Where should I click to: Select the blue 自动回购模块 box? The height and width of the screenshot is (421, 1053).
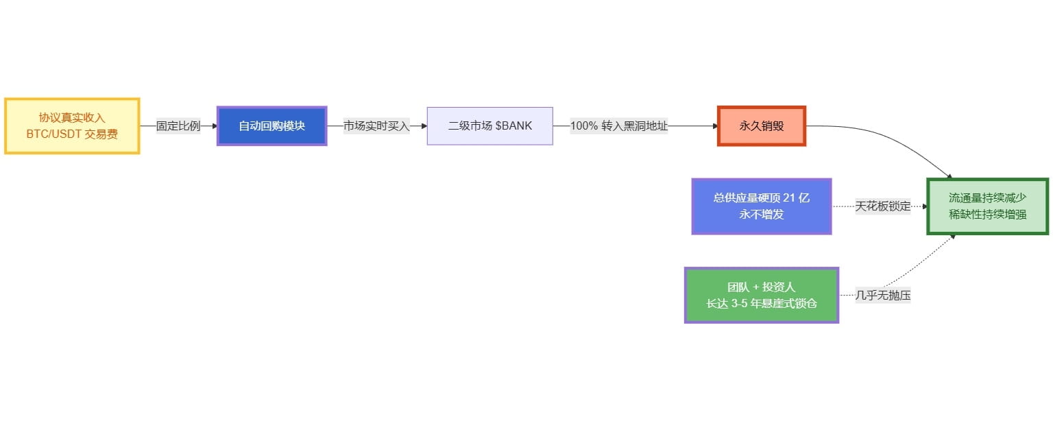[x=271, y=126]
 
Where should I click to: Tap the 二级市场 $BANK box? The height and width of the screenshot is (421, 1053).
[x=489, y=126]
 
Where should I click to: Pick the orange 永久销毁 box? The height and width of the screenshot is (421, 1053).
[x=761, y=126]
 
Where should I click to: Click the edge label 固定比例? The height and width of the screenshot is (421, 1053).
[x=178, y=126]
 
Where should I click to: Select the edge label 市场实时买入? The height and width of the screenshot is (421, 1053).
[x=376, y=126]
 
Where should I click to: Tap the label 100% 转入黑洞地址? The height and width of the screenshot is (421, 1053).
[x=618, y=126]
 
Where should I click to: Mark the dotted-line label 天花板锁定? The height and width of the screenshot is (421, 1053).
[x=883, y=206]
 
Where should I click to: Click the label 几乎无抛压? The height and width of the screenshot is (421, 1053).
[x=883, y=296]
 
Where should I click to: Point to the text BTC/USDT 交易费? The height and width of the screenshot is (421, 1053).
[x=72, y=134]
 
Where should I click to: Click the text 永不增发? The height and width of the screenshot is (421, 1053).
[x=761, y=215]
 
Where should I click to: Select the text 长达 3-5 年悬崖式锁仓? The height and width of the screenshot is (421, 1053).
[x=761, y=304]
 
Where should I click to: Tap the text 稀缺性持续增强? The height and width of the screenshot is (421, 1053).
[x=987, y=215]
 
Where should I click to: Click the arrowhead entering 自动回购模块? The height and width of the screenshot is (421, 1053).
[x=213, y=126]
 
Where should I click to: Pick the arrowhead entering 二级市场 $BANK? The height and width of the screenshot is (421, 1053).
[x=423, y=126]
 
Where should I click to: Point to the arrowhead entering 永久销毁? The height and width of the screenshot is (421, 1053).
[x=714, y=126]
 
